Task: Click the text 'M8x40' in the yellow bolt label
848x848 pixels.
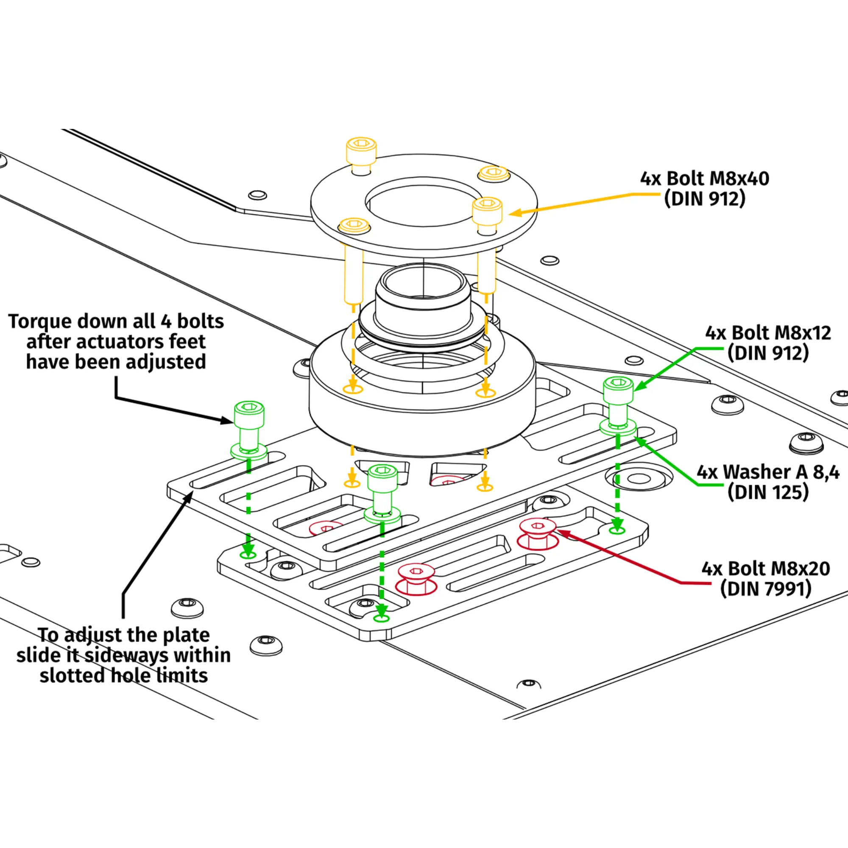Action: (x=739, y=179)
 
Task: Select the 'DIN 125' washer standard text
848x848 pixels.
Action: (x=768, y=492)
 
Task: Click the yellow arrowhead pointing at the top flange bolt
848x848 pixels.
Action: (x=515, y=213)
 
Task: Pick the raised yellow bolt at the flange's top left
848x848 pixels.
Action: (x=361, y=153)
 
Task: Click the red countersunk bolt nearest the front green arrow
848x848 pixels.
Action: (x=416, y=576)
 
